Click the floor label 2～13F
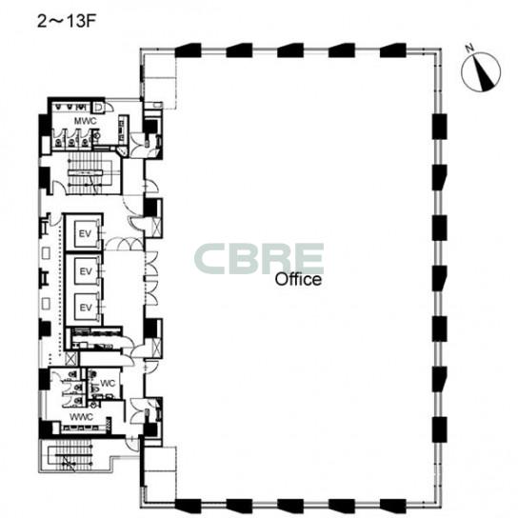pyautogui.click(x=67, y=22)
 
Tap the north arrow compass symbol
pyautogui.click(x=481, y=71)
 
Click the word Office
pyautogui.click(x=298, y=280)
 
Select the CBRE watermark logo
pyautogui.click(x=259, y=259)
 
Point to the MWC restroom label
pyautogui.click(x=86, y=121)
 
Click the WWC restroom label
pyautogui.click(x=81, y=417)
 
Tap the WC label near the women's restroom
pyautogui.click(x=108, y=383)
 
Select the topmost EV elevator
pyautogui.click(x=86, y=233)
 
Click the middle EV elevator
pyautogui.click(x=86, y=271)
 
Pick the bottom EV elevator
pyautogui.click(x=86, y=308)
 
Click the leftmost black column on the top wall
pyautogui.click(x=188, y=50)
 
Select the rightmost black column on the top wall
pyautogui.click(x=393, y=50)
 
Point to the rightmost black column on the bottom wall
pyautogui.click(x=393, y=506)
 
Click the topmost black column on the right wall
pyautogui.click(x=439, y=127)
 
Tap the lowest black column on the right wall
pyautogui.click(x=440, y=429)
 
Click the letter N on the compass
pyautogui.click(x=469, y=49)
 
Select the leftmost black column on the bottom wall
pyautogui.click(x=188, y=506)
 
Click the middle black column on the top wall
pyautogui.click(x=290, y=50)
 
